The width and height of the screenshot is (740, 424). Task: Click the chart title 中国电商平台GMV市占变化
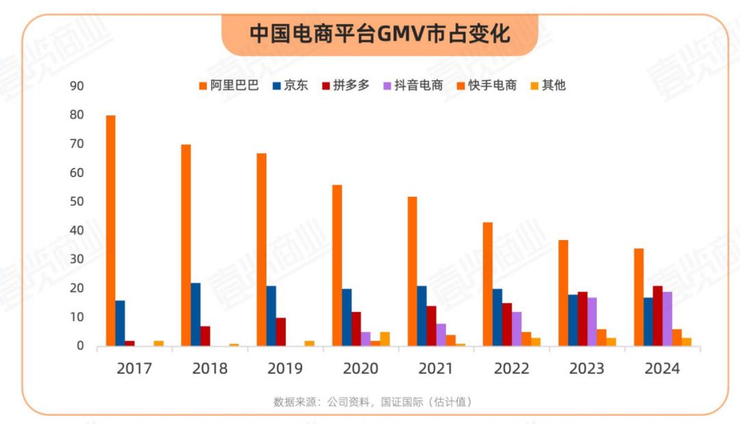(380, 34)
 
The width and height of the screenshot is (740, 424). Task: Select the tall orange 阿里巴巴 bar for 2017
(111, 231)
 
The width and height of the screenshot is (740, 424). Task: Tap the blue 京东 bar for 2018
(196, 314)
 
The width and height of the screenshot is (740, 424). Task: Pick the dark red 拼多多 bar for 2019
(281, 331)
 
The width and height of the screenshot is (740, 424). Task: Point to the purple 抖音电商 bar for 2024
(667, 318)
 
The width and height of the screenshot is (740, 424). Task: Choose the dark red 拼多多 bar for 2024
(658, 316)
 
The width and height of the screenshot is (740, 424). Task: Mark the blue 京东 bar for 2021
(422, 316)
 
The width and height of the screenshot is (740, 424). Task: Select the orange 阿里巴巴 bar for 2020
(337, 265)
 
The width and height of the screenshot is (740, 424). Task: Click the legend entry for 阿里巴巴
(229, 86)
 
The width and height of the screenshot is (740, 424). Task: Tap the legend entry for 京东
(291, 86)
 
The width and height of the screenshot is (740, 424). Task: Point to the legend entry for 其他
(548, 86)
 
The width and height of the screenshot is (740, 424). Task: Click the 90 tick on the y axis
(76, 86)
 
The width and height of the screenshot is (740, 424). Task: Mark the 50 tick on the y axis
(76, 202)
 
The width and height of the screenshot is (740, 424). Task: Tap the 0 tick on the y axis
(79, 346)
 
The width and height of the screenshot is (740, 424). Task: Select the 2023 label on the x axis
(587, 368)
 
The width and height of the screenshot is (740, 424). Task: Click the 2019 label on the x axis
(285, 368)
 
